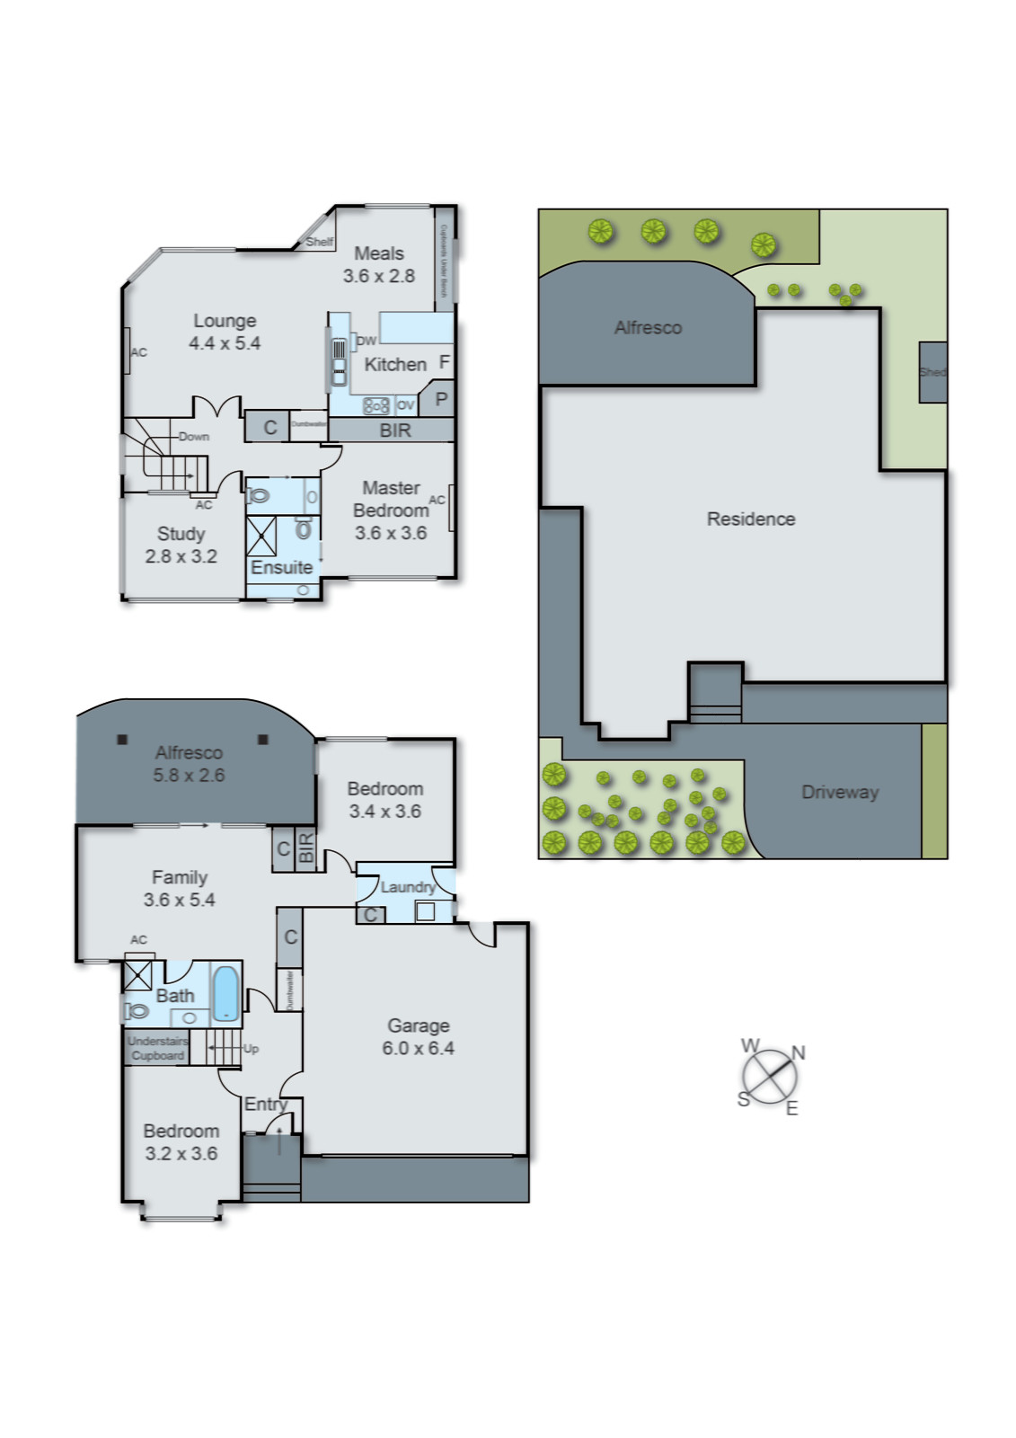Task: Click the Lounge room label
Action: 225,321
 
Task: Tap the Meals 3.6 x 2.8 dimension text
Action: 378,276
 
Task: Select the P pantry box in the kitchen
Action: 440,398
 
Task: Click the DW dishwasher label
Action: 367,341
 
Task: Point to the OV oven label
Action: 405,405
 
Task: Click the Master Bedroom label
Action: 390,499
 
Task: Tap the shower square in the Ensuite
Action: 262,536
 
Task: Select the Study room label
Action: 181,534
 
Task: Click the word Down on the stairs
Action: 193,437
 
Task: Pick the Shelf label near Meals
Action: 319,242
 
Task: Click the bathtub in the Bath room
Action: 225,991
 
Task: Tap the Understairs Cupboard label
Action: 157,1048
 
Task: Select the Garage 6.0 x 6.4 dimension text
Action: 418,1048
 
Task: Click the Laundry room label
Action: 407,887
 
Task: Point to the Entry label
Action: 265,1104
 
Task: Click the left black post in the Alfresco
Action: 122,740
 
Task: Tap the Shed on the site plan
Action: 932,371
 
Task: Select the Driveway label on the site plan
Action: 839,792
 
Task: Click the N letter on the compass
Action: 798,1052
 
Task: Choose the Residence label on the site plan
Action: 750,519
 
